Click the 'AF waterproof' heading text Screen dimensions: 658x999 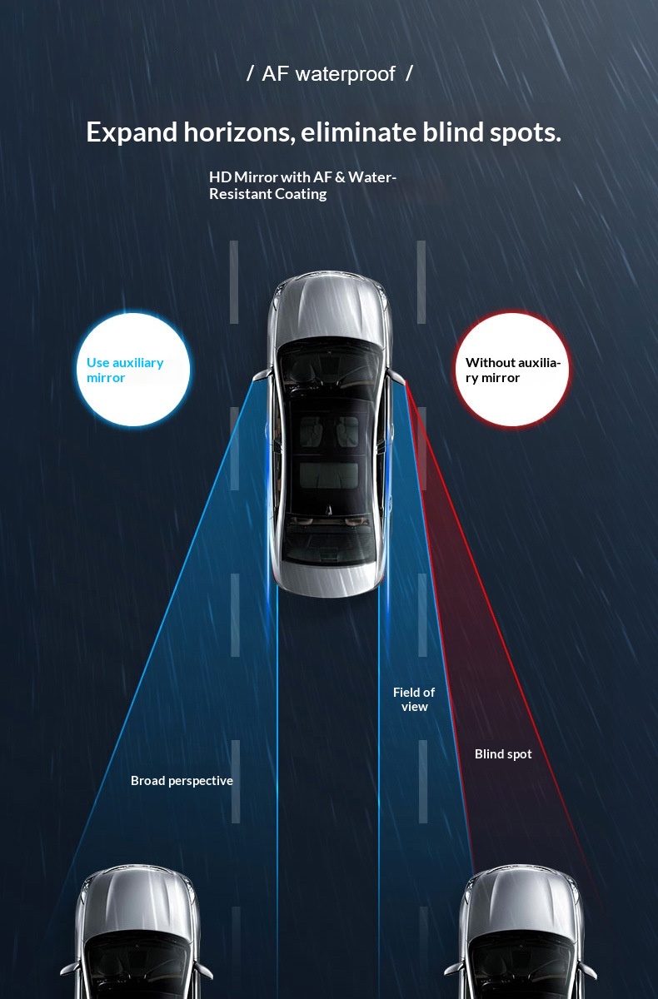coord(329,73)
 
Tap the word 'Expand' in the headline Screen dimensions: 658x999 coord(132,133)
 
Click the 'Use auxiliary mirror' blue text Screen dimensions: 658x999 coord(125,370)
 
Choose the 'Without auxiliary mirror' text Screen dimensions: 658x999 coord(513,370)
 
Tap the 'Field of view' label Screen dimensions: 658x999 coord(414,698)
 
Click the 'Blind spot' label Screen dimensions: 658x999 coord(503,753)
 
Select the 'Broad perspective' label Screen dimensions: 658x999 coord(182,781)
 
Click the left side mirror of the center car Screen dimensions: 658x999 coord(262,375)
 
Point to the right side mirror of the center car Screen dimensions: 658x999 coord(396,375)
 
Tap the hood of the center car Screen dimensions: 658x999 coord(329,308)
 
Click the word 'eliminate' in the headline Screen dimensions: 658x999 coord(358,133)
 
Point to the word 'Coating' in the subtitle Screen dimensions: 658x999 coord(301,194)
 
